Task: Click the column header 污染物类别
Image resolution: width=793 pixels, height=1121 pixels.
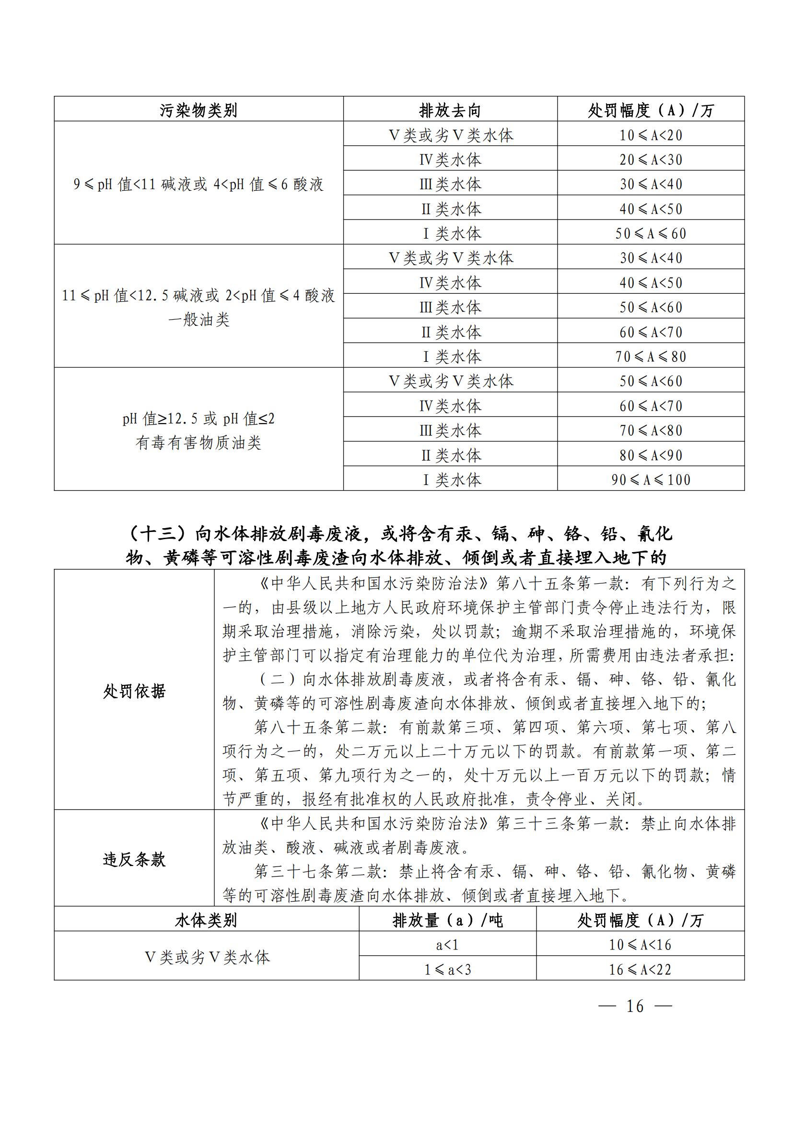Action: click(198, 110)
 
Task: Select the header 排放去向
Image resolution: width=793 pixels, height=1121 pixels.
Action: click(450, 110)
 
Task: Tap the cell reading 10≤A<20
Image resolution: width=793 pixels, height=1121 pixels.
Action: click(651, 135)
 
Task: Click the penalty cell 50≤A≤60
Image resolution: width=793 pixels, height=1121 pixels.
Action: click(651, 233)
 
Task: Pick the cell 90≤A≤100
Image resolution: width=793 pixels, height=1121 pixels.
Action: click(651, 479)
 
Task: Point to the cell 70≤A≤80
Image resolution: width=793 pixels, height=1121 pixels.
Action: click(651, 357)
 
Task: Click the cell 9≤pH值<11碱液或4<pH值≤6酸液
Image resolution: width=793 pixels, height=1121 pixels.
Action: click(198, 184)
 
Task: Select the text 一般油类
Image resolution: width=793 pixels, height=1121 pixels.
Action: click(198, 320)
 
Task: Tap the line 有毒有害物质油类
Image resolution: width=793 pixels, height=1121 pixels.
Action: click(198, 443)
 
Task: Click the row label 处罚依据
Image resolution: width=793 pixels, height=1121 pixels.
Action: click(134, 691)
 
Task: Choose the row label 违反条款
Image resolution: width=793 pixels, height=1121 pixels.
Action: click(134, 859)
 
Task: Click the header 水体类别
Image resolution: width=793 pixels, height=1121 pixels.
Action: click(206, 920)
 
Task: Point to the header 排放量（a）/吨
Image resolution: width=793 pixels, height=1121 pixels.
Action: click(447, 920)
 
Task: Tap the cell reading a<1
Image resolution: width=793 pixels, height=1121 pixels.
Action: click(447, 945)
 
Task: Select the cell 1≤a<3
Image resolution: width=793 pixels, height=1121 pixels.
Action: click(447, 969)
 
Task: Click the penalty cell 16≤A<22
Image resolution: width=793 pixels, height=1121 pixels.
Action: click(640, 969)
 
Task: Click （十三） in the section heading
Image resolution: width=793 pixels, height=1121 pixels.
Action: click(158, 533)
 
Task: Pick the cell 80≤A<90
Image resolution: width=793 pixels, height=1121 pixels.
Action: click(651, 455)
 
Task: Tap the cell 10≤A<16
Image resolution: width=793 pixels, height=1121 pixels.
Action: click(640, 945)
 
